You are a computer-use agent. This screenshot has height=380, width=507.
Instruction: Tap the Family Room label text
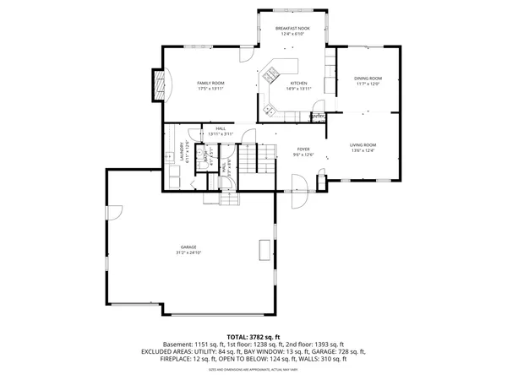210,85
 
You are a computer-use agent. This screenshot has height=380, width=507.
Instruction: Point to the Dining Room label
368,81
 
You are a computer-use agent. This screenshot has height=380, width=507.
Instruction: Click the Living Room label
363,148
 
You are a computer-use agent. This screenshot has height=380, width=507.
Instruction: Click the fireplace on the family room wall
157,84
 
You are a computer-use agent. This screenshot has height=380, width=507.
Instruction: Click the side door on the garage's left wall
114,214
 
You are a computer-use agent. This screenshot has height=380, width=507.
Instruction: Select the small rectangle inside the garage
264,251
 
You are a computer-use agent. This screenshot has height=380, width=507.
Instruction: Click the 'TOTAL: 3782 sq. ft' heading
253,336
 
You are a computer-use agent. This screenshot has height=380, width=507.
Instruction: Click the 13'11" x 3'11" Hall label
221,132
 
